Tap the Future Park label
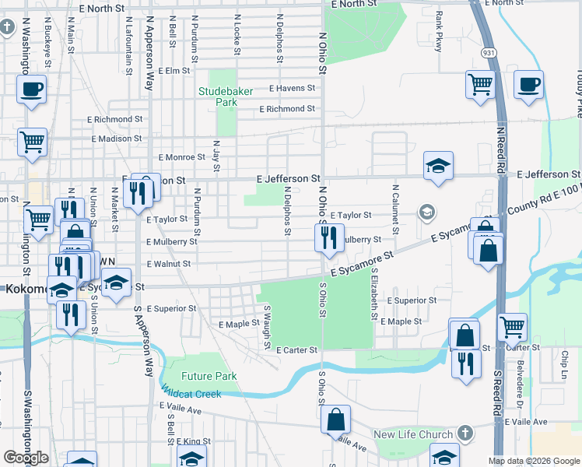point(209,376)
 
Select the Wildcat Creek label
point(191,393)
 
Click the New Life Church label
point(412,434)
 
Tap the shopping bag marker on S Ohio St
point(335,420)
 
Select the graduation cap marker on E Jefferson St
point(439,165)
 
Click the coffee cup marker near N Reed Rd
point(528,85)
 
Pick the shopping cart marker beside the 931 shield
point(481,84)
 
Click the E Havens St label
point(292,89)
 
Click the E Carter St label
point(296,350)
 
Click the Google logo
point(26,457)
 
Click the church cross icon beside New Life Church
point(465,432)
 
